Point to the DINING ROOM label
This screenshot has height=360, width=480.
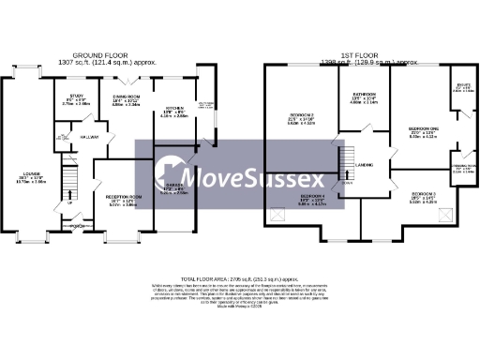127,97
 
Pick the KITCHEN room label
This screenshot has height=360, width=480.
173,109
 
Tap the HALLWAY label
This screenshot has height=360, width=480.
88,138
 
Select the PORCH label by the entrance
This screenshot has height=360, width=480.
81,226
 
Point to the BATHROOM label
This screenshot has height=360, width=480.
364,96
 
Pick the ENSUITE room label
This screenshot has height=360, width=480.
463,87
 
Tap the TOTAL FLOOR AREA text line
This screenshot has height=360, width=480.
240,278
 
